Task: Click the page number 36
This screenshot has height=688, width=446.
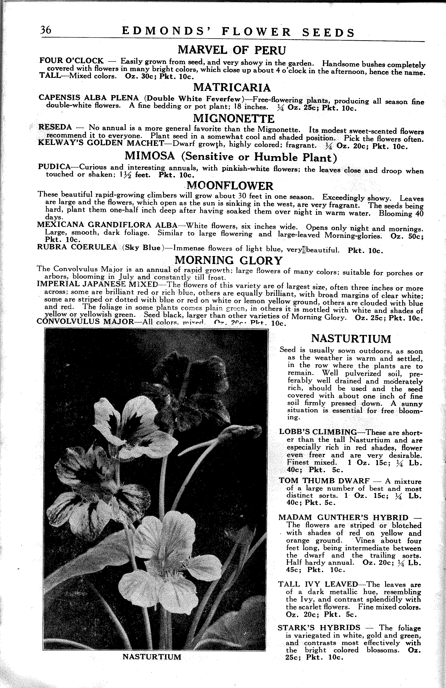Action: pos(46,30)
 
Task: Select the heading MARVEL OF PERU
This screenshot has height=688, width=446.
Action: pos(231,50)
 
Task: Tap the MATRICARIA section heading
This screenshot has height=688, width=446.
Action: pos(232,87)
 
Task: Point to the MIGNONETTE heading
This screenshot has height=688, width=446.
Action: pos(233,118)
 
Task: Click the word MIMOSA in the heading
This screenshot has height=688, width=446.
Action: pos(150,156)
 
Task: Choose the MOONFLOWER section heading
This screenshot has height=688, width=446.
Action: pos(230,185)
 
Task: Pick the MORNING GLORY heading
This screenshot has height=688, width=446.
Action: pos(229,260)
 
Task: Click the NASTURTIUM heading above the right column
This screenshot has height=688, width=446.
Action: pos(351,338)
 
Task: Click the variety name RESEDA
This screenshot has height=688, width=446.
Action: pos(55,127)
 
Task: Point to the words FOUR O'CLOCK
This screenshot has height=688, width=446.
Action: pos(71,61)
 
